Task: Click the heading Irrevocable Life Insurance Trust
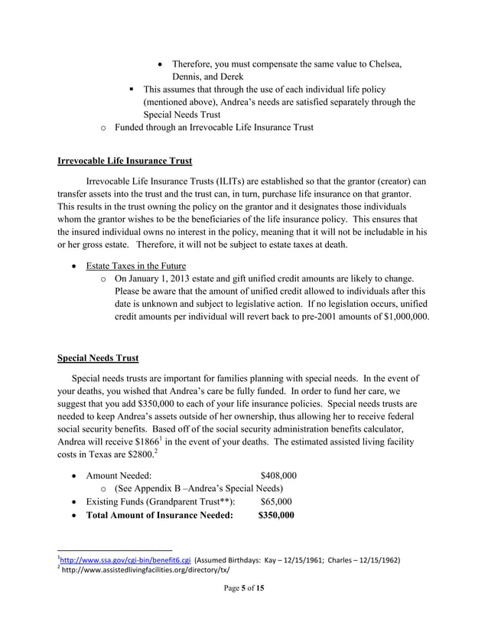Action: pyautogui.click(x=125, y=161)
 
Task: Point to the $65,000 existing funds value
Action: pyautogui.click(x=275, y=502)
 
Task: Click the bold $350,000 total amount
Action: pyautogui.click(x=275, y=516)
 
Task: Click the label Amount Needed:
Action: pyautogui.click(x=119, y=475)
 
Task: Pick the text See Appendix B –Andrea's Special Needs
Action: pyautogui.click(x=199, y=488)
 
